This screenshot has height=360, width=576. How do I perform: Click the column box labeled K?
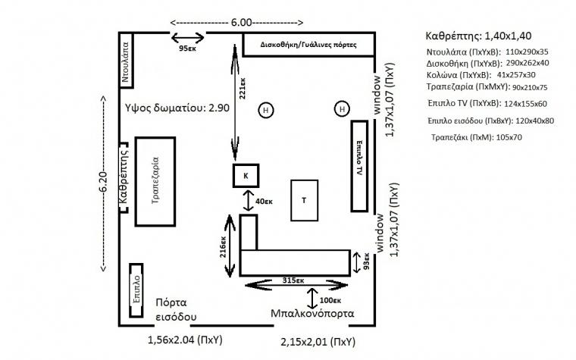click(x=246, y=175)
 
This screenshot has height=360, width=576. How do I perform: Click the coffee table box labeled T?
click(x=305, y=200)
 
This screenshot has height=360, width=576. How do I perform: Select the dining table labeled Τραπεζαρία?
click(x=156, y=181)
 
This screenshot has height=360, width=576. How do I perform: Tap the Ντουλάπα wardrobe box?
click(x=127, y=61)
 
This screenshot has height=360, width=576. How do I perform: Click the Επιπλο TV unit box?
click(x=360, y=165)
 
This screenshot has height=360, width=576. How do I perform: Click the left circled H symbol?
click(x=266, y=110)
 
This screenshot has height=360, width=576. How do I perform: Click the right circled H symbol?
click(x=343, y=110)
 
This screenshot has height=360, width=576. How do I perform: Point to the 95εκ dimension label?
click(x=189, y=49)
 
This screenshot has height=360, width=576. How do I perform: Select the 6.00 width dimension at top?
click(x=242, y=22)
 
